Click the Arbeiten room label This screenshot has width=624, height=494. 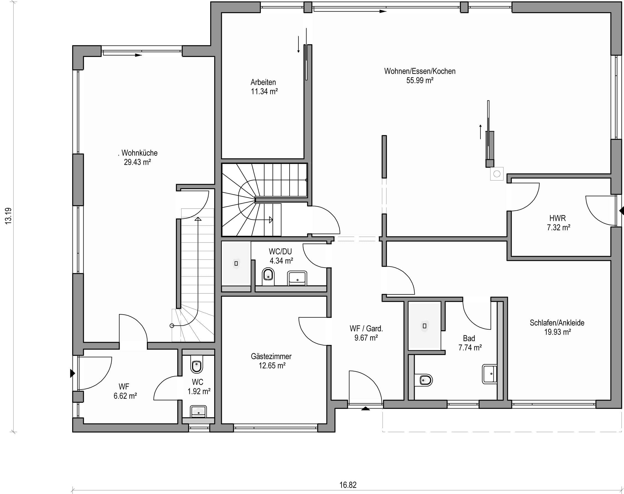point(263,82)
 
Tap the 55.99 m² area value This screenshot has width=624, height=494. point(420,80)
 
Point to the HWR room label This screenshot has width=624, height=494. point(557,218)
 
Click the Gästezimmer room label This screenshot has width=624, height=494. point(271,356)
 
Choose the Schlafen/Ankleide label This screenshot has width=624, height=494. point(557,323)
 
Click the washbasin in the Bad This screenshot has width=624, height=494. point(489,374)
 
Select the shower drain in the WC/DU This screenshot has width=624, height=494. point(236,263)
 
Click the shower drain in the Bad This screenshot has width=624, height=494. point(425,326)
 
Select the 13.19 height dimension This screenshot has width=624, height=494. point(8,216)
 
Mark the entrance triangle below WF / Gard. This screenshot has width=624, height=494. point(366,409)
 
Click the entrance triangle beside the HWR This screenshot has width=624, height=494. point(621,211)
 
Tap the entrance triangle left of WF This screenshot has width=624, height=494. point(73,373)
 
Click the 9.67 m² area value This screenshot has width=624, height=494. point(366,338)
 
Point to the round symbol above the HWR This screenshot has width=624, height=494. point(497,174)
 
